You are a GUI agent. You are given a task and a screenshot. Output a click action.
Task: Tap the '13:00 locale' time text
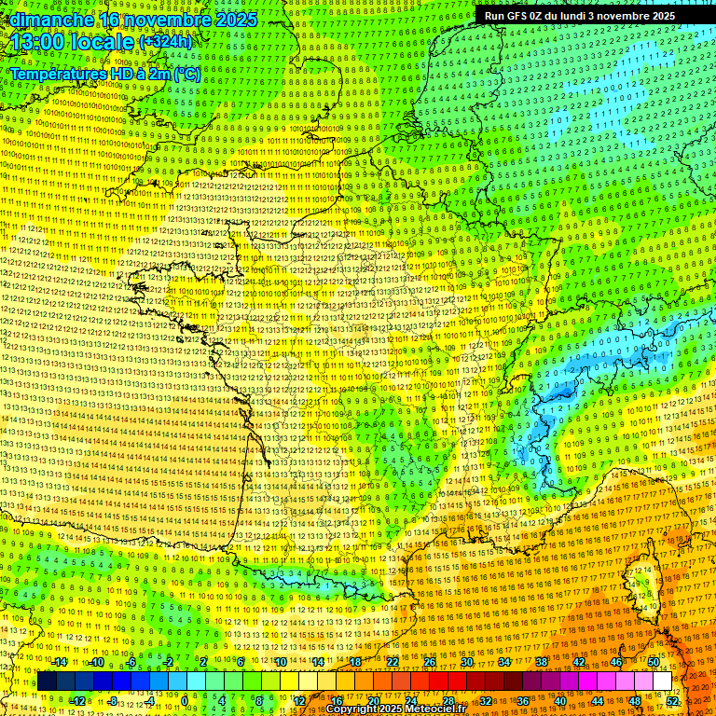[x=70, y=42]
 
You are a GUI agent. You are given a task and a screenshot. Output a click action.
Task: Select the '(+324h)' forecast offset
[x=166, y=42]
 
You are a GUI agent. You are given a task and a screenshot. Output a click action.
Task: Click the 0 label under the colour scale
[x=185, y=701]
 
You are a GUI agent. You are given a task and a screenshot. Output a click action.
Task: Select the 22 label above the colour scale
[x=392, y=662]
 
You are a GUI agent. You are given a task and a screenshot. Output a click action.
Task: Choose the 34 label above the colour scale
[x=504, y=662]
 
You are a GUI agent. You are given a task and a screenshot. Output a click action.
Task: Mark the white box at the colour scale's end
[x=663, y=682]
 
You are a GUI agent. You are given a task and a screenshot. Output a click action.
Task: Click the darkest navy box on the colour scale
[x=47, y=682]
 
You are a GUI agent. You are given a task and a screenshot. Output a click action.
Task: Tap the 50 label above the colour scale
[x=654, y=662]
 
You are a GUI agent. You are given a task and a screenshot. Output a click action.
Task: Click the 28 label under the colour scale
[x=448, y=701]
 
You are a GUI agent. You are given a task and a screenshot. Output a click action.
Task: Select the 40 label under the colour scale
[x=560, y=701]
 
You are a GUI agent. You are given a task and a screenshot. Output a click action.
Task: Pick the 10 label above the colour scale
[x=281, y=662]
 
